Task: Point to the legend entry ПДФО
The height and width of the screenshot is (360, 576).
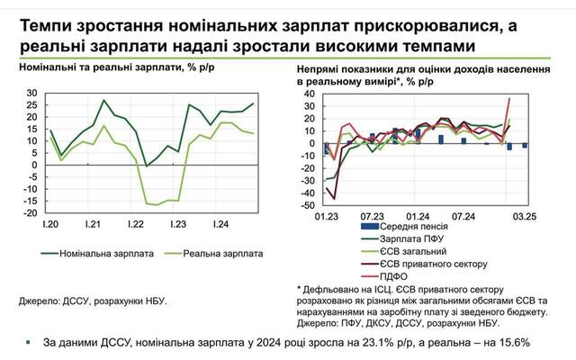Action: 369,276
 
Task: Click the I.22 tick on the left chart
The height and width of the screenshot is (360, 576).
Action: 138,222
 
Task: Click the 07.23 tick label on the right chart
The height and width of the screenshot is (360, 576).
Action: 370,216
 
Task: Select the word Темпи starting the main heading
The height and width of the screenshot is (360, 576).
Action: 46,26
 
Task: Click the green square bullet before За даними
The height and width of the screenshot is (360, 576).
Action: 30,342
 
